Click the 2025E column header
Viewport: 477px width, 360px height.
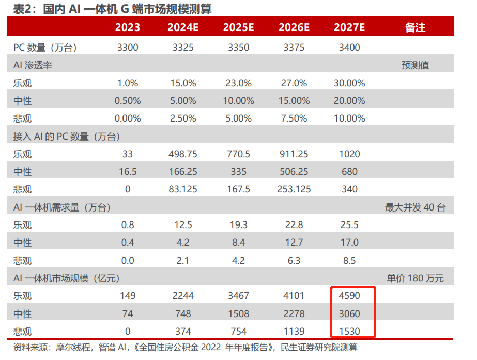click(238, 27)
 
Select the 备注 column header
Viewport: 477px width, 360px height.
click(415, 27)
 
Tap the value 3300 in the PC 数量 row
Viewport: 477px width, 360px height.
click(128, 48)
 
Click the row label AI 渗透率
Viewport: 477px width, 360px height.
click(33, 65)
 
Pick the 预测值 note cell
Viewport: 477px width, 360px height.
click(415, 65)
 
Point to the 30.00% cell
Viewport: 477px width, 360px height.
click(349, 83)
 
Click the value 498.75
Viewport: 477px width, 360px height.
click(183, 154)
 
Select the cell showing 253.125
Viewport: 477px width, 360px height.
click(294, 189)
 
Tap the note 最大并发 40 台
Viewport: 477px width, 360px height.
click(415, 207)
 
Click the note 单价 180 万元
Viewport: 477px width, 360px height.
click(415, 278)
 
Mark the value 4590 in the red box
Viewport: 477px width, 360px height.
click(349, 296)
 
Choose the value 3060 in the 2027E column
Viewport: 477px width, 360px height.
click(349, 313)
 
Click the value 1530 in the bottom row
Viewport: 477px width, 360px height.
click(349, 331)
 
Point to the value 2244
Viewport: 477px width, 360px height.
click(183, 296)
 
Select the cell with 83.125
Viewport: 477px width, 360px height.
click(183, 189)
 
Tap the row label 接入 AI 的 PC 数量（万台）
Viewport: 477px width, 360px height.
click(67, 137)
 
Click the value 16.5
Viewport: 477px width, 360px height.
click(128, 171)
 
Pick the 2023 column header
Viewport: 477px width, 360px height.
click(128, 27)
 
